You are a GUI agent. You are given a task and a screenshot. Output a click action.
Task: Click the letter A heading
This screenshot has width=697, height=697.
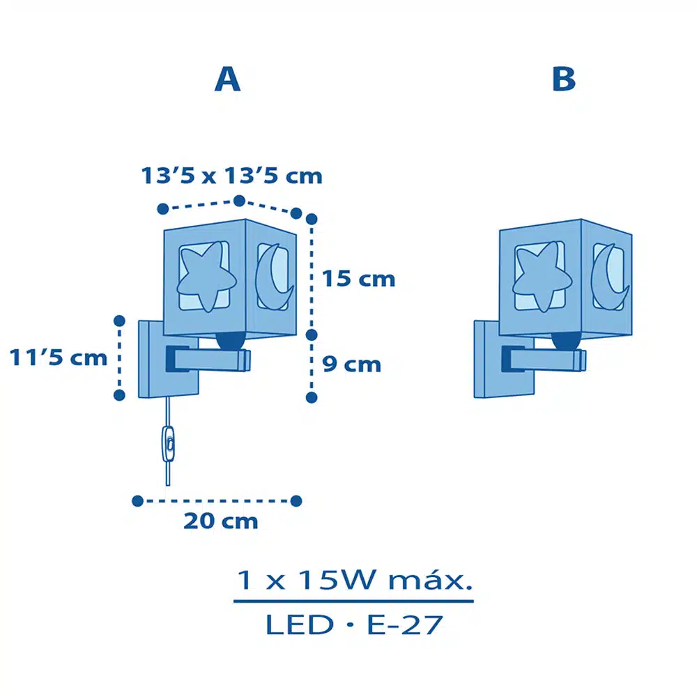[x=228, y=79]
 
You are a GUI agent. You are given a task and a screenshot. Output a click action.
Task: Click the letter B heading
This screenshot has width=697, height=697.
[x=564, y=79]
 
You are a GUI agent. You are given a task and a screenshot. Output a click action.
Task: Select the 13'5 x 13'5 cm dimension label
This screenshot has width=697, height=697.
[x=231, y=176]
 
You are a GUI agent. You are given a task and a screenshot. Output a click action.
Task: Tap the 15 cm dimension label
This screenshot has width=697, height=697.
[x=358, y=279]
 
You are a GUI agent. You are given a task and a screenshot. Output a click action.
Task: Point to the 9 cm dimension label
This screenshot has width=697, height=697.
[x=351, y=364]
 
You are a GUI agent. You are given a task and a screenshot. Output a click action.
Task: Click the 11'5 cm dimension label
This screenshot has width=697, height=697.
[x=59, y=358]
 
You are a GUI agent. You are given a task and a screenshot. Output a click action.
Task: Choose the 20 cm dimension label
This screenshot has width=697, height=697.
[x=221, y=521]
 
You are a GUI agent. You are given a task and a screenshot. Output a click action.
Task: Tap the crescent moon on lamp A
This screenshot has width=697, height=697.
[x=273, y=277]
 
